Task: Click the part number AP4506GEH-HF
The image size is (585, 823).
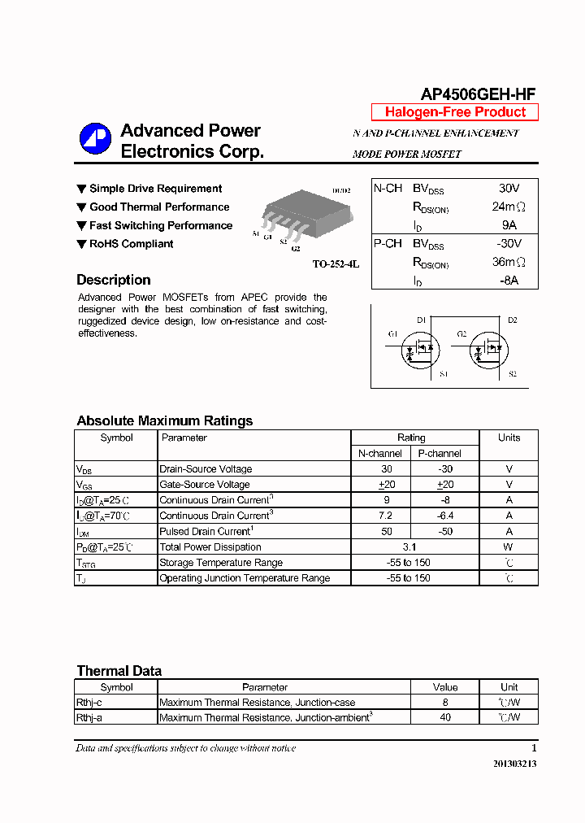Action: click(x=478, y=94)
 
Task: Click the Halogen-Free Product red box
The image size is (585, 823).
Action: click(x=455, y=112)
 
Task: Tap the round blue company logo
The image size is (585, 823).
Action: click(x=95, y=139)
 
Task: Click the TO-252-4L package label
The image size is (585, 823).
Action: click(x=336, y=264)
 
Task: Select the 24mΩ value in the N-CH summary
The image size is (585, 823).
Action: click(x=509, y=207)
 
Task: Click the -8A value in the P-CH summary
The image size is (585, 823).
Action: click(x=509, y=281)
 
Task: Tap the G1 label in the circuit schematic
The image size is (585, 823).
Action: click(x=392, y=334)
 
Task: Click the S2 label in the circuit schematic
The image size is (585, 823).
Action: click(x=512, y=374)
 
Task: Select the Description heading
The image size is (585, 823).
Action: click(x=114, y=280)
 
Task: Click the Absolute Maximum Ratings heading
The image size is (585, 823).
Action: click(x=164, y=420)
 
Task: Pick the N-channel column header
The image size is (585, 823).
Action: click(x=380, y=454)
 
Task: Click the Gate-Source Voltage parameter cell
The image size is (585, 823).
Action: click(x=204, y=485)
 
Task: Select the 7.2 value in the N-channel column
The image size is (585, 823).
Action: click(x=386, y=516)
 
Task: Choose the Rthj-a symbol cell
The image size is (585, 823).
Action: click(x=89, y=718)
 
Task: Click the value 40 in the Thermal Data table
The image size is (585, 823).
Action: click(x=445, y=718)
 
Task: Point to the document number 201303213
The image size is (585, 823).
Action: click(x=514, y=764)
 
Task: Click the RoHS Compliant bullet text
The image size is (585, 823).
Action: click(x=131, y=244)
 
